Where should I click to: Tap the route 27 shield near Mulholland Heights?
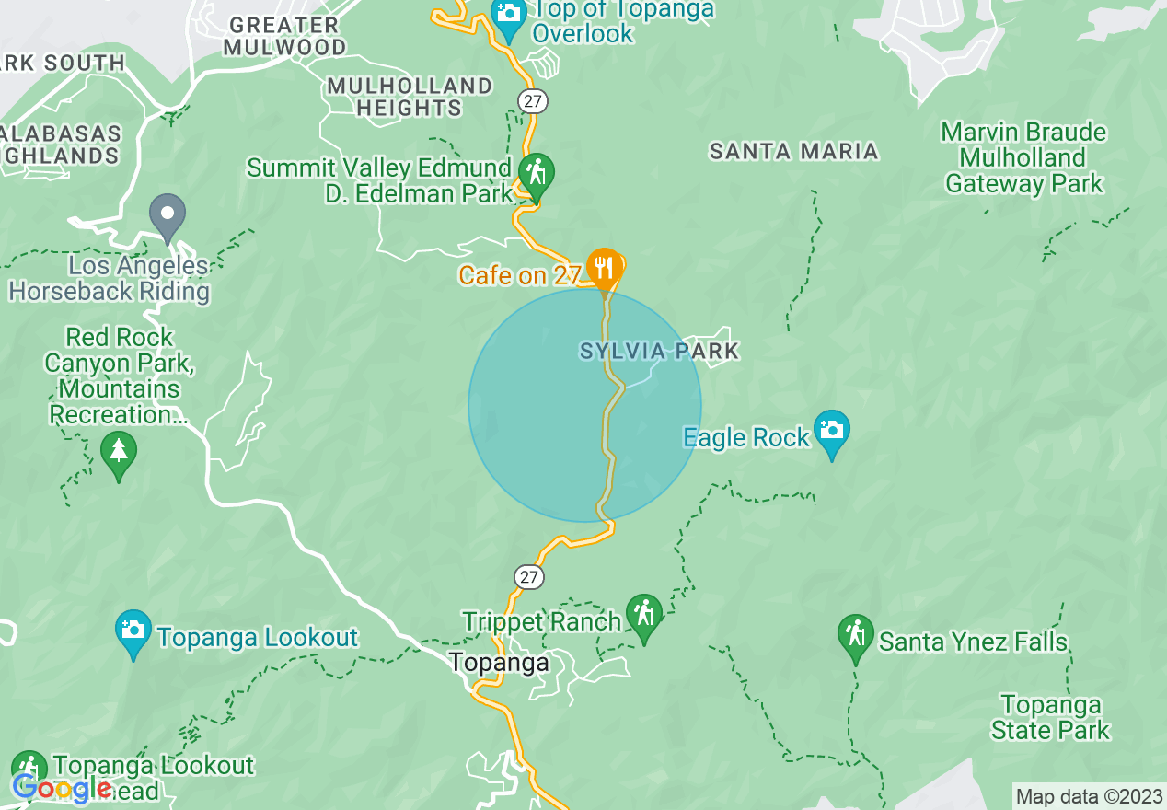[x=531, y=100]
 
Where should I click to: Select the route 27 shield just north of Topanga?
[x=528, y=577]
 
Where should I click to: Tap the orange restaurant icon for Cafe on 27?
[x=604, y=268]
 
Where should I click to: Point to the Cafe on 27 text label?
[x=520, y=275]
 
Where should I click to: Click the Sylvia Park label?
[x=659, y=351]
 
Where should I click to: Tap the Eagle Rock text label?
[x=746, y=438]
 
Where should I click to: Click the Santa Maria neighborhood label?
[x=793, y=151]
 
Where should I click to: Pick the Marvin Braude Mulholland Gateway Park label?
[x=1023, y=158]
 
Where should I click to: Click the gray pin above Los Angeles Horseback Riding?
[x=168, y=216]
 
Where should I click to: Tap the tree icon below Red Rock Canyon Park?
[x=118, y=452]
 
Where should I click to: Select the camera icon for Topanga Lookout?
[x=133, y=631]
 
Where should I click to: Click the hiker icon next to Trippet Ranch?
[x=643, y=614]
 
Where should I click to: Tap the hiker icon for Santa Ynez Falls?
[x=856, y=635]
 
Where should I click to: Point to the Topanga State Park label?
[x=1050, y=718]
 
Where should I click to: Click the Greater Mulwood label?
[x=287, y=36]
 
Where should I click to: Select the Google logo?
[x=62, y=788]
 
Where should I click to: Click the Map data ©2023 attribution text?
[x=1089, y=797]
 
